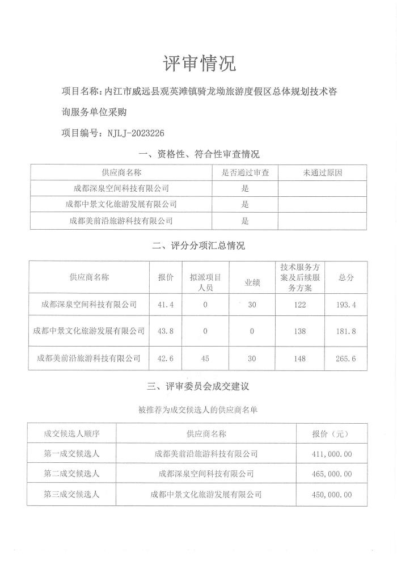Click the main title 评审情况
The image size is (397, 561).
tap(199, 64)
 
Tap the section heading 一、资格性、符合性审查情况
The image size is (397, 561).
tap(198, 154)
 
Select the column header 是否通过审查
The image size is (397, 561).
tap(244, 172)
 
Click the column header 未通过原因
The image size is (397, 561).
tap(322, 172)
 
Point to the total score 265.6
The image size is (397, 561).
tap(346, 358)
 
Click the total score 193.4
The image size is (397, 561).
tap(346, 305)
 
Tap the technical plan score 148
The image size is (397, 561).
tap(300, 358)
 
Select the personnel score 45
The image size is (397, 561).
tap(205, 358)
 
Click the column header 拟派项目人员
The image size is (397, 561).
tap(205, 278)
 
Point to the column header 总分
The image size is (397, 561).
tap(346, 278)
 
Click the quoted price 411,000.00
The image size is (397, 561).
tap(331, 454)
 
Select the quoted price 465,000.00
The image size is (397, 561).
tap(331, 474)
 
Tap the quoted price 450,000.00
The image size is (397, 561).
tap(331, 495)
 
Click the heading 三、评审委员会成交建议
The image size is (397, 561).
tap(198, 387)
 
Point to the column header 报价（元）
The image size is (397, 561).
tap(331, 433)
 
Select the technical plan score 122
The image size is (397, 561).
tap(300, 305)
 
